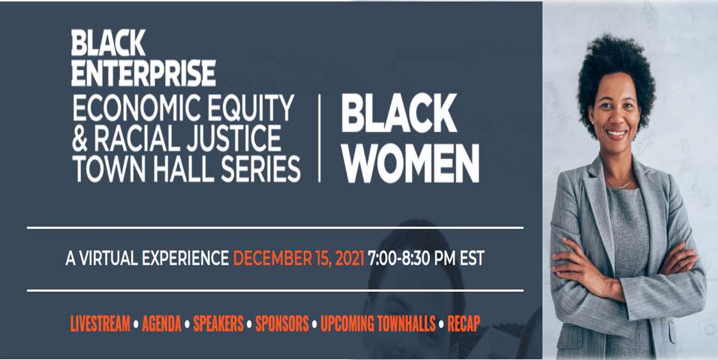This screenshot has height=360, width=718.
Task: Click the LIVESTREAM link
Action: tap(100, 324)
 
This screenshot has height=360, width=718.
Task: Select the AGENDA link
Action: tap(161, 324)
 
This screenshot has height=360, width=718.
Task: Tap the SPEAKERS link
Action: tap(218, 324)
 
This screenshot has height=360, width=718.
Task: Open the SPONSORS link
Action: tap(282, 324)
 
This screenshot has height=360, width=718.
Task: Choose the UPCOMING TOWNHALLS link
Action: tap(378, 324)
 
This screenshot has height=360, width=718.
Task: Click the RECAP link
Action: tap(464, 324)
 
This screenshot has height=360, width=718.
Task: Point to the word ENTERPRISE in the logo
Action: tap(143, 73)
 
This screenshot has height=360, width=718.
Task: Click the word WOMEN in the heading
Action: tap(410, 163)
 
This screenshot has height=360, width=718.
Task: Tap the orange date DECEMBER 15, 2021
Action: tap(299, 258)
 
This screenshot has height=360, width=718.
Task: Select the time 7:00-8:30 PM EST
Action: tap(426, 258)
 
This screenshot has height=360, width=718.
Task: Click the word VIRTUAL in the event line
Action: tap(108, 258)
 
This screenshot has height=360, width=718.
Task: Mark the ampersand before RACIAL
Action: tap(80, 139)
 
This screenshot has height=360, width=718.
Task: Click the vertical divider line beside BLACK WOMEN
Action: tap(319, 138)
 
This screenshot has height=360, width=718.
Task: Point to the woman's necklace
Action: tap(619, 184)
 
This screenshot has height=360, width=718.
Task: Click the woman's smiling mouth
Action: tap(616, 133)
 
